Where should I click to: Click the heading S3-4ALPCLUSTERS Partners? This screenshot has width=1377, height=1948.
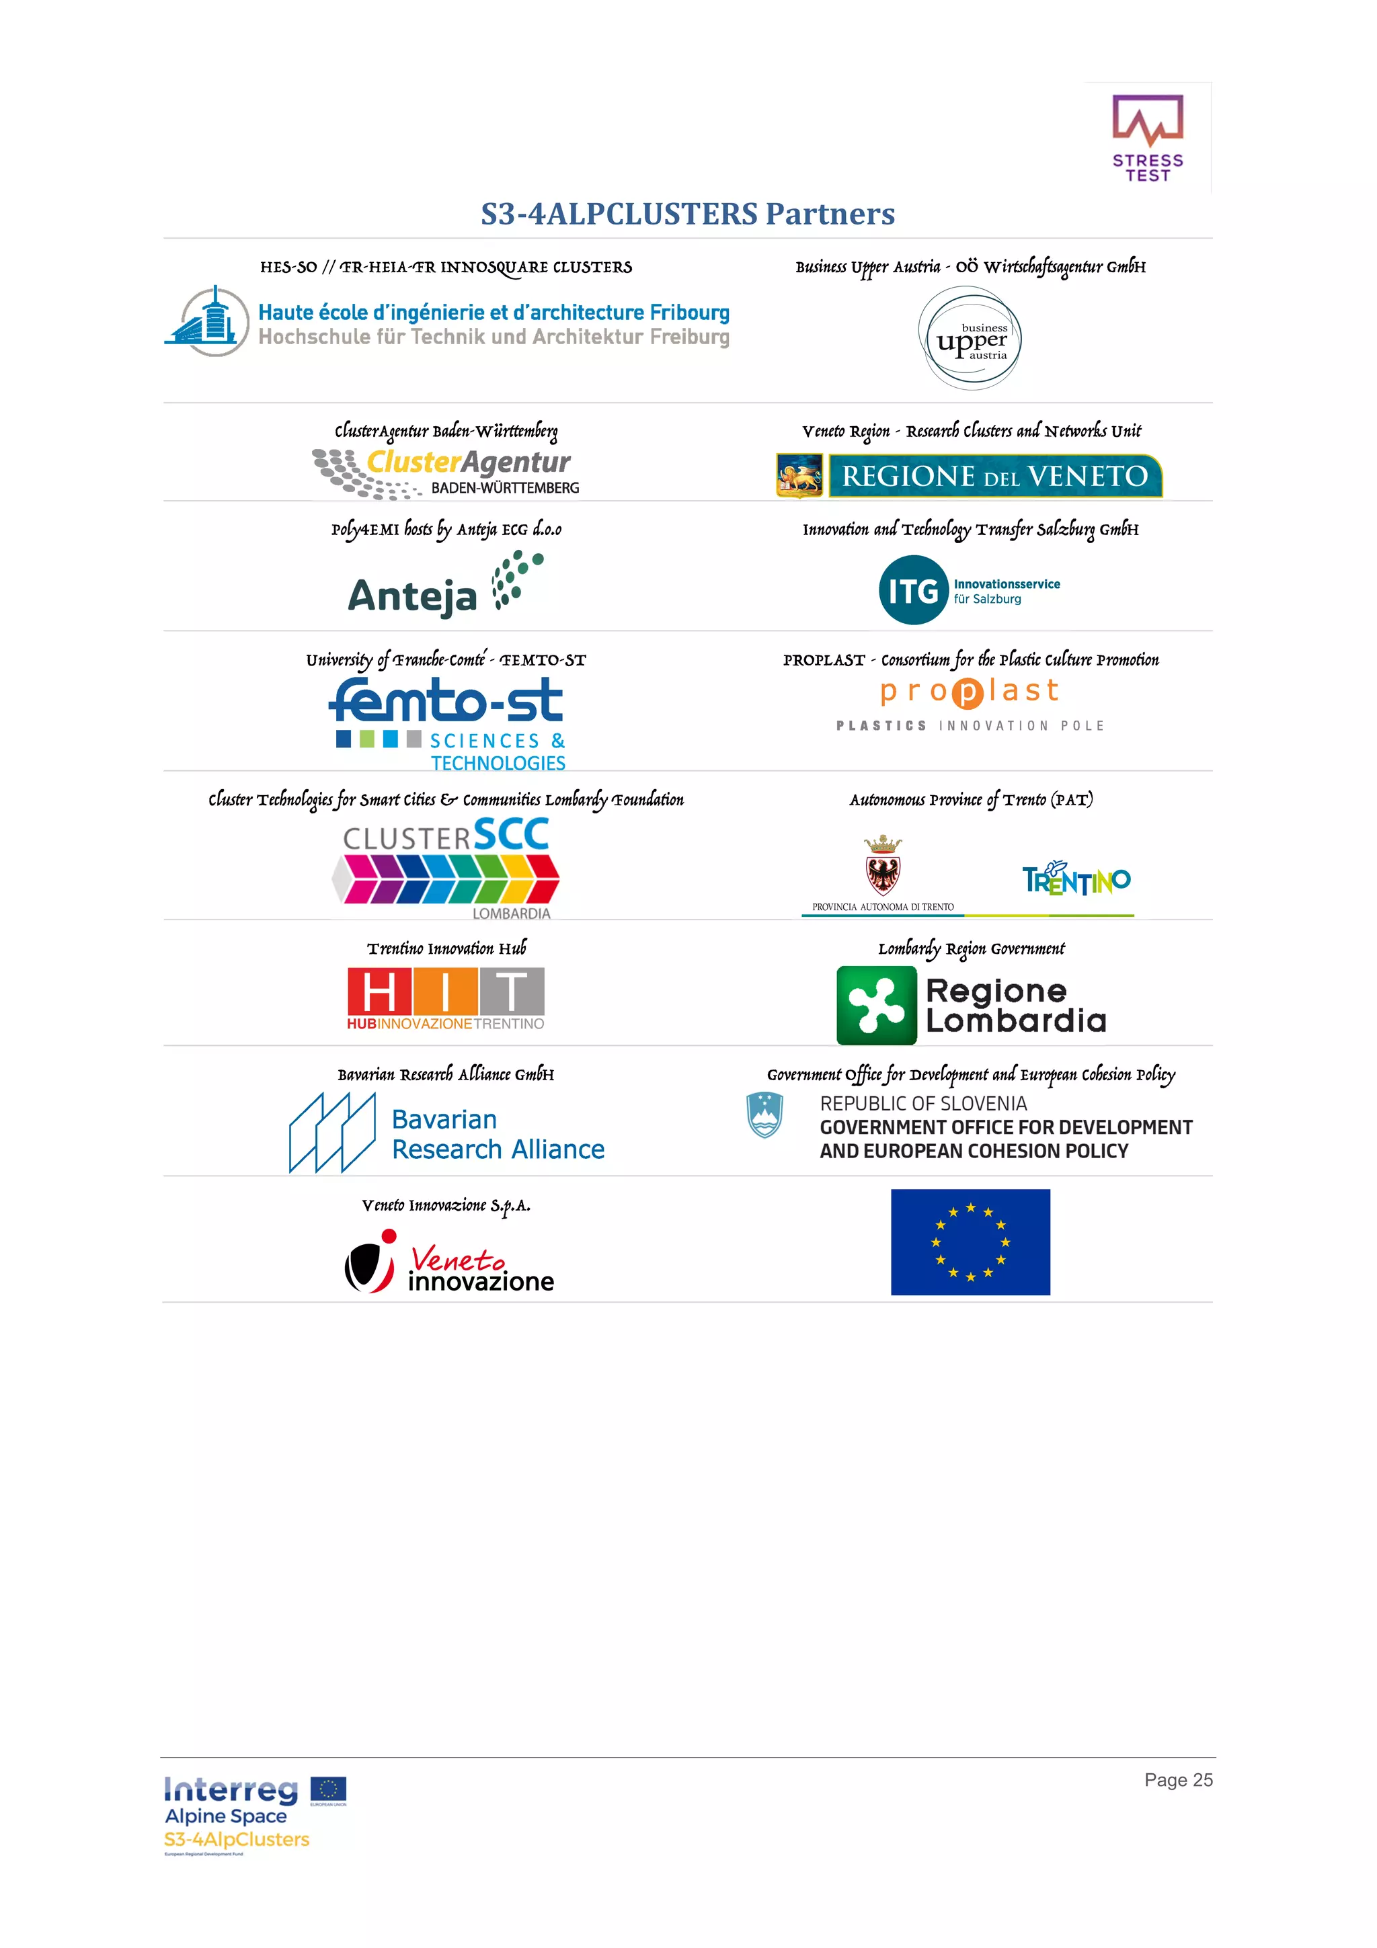687,214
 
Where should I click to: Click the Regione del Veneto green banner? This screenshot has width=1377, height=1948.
994,476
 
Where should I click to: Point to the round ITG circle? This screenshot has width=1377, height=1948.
913,590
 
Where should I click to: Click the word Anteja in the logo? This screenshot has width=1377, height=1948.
412,596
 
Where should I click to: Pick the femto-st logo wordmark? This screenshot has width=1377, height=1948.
446,702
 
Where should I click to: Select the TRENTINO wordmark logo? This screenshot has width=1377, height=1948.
1076,879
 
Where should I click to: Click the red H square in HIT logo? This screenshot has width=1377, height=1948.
379,991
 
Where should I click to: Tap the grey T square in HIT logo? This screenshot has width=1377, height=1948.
512,991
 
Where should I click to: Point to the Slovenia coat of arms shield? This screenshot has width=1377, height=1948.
764,1115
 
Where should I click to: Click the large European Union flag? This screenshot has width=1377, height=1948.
970,1242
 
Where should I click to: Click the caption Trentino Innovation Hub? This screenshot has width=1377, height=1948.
446,948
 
